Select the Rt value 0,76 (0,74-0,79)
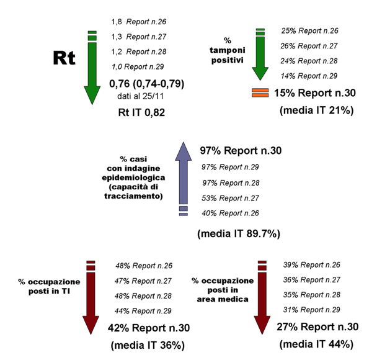tap(146, 84)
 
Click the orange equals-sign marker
tap(260, 94)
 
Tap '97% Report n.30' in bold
tap(241, 151)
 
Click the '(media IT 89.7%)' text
tap(239, 234)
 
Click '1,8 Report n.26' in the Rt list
tap(141, 21)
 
